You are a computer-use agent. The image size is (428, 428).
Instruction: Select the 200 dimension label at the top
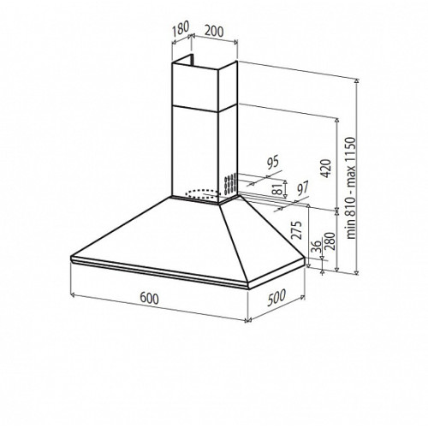point(214,32)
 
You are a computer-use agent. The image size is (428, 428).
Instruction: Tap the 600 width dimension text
point(149,299)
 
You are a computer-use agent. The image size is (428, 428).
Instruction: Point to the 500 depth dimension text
point(276,298)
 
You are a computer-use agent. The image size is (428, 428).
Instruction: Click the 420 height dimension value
point(326,169)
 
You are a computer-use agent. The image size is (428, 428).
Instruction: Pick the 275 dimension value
point(296,230)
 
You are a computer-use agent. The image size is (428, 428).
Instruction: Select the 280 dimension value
point(330,241)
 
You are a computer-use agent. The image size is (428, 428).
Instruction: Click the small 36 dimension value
point(316,247)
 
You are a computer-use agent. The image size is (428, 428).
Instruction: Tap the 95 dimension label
point(272,162)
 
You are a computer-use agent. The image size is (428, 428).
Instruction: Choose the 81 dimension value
point(276,188)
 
